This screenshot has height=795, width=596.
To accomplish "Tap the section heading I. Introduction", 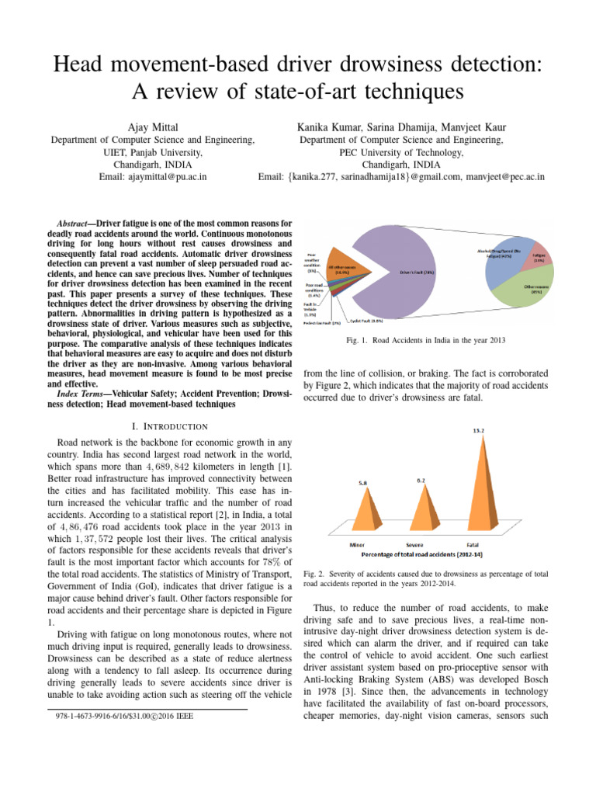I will coord(170,426).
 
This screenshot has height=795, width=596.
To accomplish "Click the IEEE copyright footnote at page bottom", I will coord(120,715).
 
